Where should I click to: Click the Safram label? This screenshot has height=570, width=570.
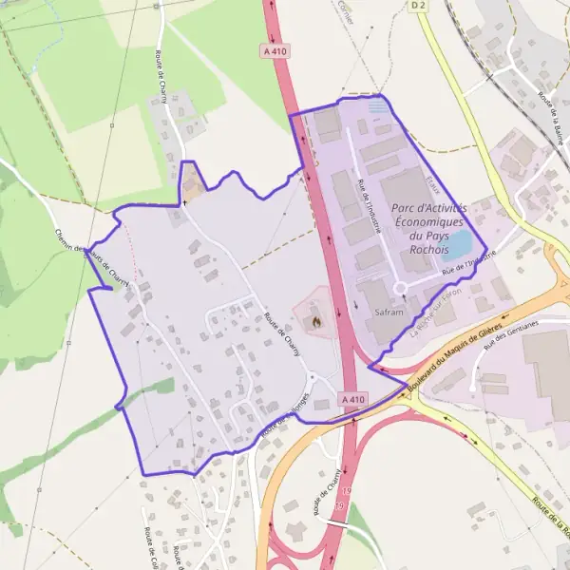pyautogui.click(x=389, y=312)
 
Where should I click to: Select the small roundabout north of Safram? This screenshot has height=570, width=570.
pyautogui.click(x=400, y=287)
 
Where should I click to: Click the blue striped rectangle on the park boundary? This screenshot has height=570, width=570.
pyautogui.click(x=379, y=107)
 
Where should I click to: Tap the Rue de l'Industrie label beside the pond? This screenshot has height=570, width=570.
pyautogui.click(x=472, y=260)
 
